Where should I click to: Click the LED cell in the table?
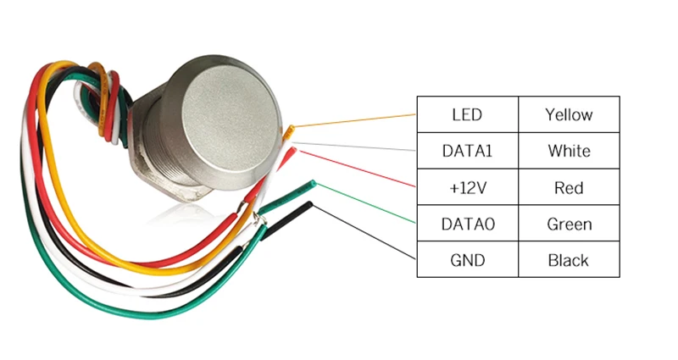pos(467,114)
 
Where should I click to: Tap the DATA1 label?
pos(467,152)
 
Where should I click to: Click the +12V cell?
pos(467,187)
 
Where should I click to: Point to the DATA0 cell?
pos(467,224)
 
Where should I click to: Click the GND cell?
pos(467,260)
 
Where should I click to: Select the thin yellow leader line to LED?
pos(356,121)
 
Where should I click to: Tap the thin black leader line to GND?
pos(364,230)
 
